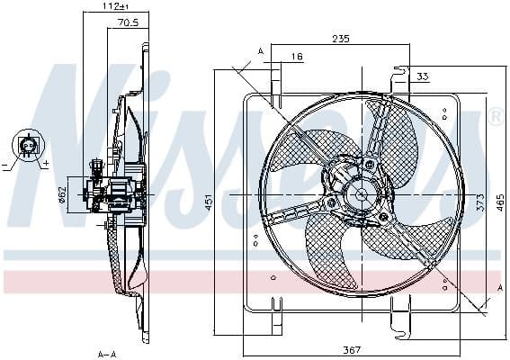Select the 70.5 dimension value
tap(128, 24)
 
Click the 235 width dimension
tap(340, 39)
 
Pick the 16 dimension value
tap(297, 57)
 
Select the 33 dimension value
tap(423, 76)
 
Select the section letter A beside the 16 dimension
tap(261, 51)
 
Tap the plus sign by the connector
tap(42, 164)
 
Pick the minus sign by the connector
tap(6, 166)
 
